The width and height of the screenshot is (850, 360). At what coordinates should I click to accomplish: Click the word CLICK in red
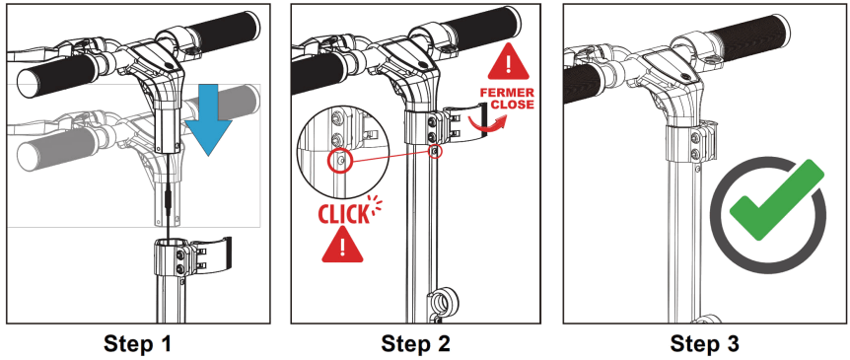(342, 215)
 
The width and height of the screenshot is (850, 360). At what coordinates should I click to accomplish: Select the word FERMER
(507, 93)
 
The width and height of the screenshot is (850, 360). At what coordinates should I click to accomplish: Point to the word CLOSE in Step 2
(513, 105)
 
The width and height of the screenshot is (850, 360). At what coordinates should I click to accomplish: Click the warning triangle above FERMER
(508, 62)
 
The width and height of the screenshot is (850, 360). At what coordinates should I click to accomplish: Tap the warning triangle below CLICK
(342, 245)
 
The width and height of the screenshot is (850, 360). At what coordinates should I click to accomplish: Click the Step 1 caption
(138, 344)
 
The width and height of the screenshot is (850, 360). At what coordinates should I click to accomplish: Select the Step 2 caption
(415, 344)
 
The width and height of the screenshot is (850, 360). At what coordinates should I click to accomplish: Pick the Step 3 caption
(704, 344)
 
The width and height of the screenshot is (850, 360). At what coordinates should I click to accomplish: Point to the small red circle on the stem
(435, 151)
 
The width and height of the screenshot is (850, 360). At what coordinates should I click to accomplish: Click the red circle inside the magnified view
(340, 161)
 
